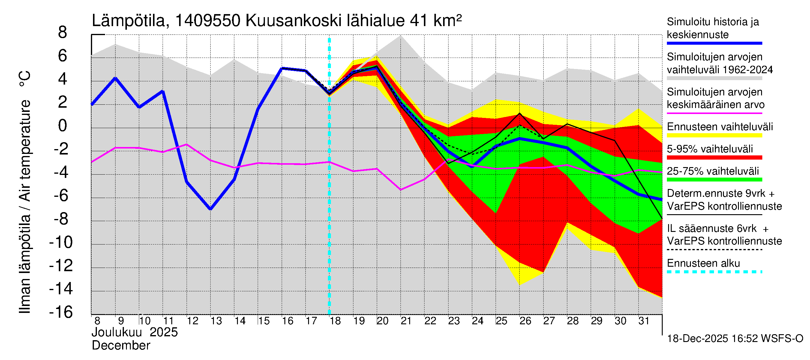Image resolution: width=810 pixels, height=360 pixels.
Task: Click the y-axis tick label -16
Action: coord(61,312)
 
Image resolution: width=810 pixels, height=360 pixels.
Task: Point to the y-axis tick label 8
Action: coord(63,32)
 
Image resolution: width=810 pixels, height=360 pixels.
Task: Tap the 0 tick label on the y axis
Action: coord(63,126)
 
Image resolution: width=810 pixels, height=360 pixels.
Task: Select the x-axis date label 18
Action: coord(335,321)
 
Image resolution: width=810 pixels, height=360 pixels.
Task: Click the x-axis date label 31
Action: coord(644,321)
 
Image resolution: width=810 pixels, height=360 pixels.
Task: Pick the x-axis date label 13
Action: coord(216,321)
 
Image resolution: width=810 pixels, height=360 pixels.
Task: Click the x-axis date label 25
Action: coord(501,321)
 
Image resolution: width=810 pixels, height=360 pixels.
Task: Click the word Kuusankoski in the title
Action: coord(293,21)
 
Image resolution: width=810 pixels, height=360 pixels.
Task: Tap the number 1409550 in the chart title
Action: coord(208,21)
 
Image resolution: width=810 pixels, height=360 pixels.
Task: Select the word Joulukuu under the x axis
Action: coord(116,332)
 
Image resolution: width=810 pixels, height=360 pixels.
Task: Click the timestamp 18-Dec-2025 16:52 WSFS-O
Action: coord(735,339)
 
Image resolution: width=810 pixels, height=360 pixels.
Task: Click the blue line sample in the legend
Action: coord(714,43)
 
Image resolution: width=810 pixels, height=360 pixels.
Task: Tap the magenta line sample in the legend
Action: coord(714,113)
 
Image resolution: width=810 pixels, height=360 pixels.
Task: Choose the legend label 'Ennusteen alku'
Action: coord(703,263)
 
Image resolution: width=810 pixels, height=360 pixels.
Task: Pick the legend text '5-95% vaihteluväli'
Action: coord(710,149)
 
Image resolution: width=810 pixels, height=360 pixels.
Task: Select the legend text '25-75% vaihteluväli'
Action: coord(712,171)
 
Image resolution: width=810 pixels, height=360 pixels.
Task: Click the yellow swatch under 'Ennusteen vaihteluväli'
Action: coord(714,136)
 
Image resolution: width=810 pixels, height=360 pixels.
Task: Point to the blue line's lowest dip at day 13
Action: coord(210,209)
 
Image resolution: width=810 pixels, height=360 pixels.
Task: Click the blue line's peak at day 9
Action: coord(115,78)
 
